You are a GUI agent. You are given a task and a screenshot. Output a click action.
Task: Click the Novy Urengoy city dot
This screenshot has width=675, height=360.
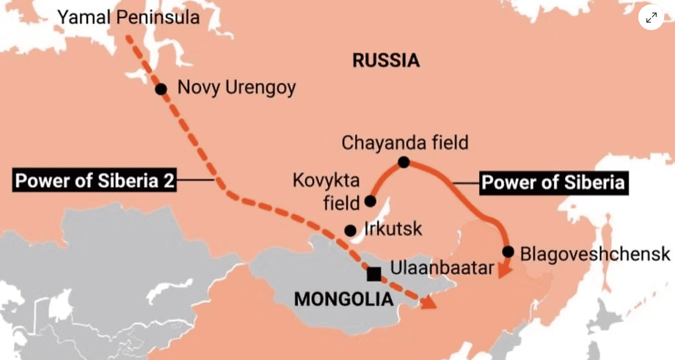(x=161, y=89)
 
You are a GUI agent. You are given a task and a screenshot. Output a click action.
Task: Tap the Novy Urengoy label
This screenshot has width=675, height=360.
(x=236, y=88)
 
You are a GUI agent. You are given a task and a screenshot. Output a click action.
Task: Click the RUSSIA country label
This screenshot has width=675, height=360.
(x=386, y=60)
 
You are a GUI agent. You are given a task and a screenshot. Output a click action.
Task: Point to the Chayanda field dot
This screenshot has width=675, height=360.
(x=403, y=161)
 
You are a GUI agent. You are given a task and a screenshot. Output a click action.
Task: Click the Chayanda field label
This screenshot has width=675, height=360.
(x=404, y=142)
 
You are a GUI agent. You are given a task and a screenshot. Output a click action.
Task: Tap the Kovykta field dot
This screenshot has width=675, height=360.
(x=371, y=201)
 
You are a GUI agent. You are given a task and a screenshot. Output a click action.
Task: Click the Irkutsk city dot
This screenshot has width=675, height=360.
(x=351, y=229)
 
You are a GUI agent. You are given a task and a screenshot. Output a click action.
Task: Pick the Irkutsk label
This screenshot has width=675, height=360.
(x=393, y=229)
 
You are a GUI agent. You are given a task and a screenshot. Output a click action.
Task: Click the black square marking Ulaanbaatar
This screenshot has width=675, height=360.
(x=373, y=274)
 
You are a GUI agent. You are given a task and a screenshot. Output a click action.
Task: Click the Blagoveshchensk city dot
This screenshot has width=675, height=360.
(x=508, y=251)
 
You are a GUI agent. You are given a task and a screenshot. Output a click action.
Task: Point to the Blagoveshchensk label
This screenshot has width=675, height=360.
(x=594, y=254)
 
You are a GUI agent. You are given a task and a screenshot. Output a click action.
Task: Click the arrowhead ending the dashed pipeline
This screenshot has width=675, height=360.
(x=426, y=301)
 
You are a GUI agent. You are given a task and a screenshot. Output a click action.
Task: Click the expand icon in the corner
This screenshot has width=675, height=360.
(x=651, y=17)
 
